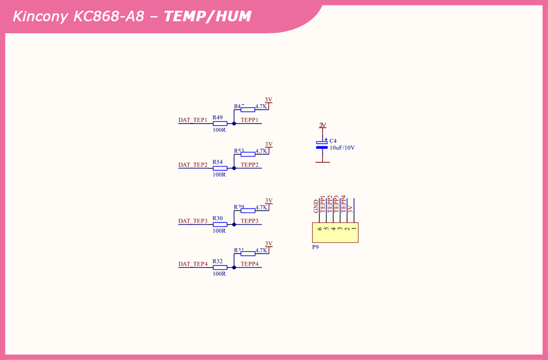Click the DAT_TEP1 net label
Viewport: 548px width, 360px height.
[192, 120]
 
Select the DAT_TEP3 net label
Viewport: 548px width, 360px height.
[192, 221]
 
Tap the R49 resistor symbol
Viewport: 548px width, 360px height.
[220, 124]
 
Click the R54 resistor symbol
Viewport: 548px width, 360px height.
[220, 168]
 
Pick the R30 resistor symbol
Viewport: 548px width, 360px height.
[220, 225]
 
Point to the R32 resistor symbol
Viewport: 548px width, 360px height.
[220, 267]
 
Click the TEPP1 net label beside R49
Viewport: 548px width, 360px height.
[249, 120]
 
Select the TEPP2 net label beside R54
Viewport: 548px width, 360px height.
[249, 164]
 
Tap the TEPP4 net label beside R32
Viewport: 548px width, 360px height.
[249, 264]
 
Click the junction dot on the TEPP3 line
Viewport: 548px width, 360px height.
[234, 225]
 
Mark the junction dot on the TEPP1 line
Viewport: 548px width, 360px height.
[234, 124]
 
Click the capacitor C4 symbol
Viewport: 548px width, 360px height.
[322, 144]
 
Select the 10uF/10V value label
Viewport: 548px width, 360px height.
[342, 148]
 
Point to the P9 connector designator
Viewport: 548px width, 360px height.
[315, 248]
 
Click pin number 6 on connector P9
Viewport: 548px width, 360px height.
[320, 229]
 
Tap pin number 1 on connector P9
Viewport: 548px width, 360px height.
[354, 229]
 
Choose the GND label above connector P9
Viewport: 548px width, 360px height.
[316, 206]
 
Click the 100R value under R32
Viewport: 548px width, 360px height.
[219, 274]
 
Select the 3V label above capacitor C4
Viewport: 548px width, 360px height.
[322, 125]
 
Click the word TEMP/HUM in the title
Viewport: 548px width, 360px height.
[207, 16]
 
